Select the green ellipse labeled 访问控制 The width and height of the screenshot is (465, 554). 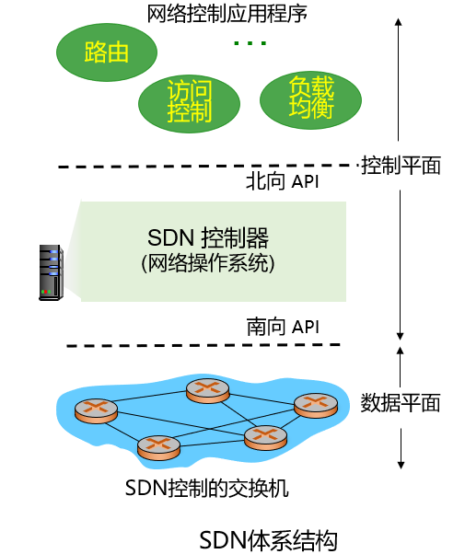pyautogui.click(x=189, y=101)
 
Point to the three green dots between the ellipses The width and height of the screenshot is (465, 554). pyautogui.click(x=250, y=43)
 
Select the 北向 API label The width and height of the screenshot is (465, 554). pyautogui.click(x=282, y=181)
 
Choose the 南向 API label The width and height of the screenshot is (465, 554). pyautogui.click(x=282, y=327)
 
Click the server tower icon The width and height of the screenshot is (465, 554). pyautogui.click(x=50, y=271)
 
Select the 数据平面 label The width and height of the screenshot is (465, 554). pyautogui.click(x=401, y=402)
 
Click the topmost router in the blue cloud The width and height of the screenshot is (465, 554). pyautogui.click(x=207, y=390)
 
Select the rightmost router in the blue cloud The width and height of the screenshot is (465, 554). pyautogui.click(x=316, y=404)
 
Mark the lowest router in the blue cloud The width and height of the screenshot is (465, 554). pyautogui.click(x=159, y=447)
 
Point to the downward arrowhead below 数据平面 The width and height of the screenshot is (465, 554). pyautogui.click(x=401, y=463)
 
